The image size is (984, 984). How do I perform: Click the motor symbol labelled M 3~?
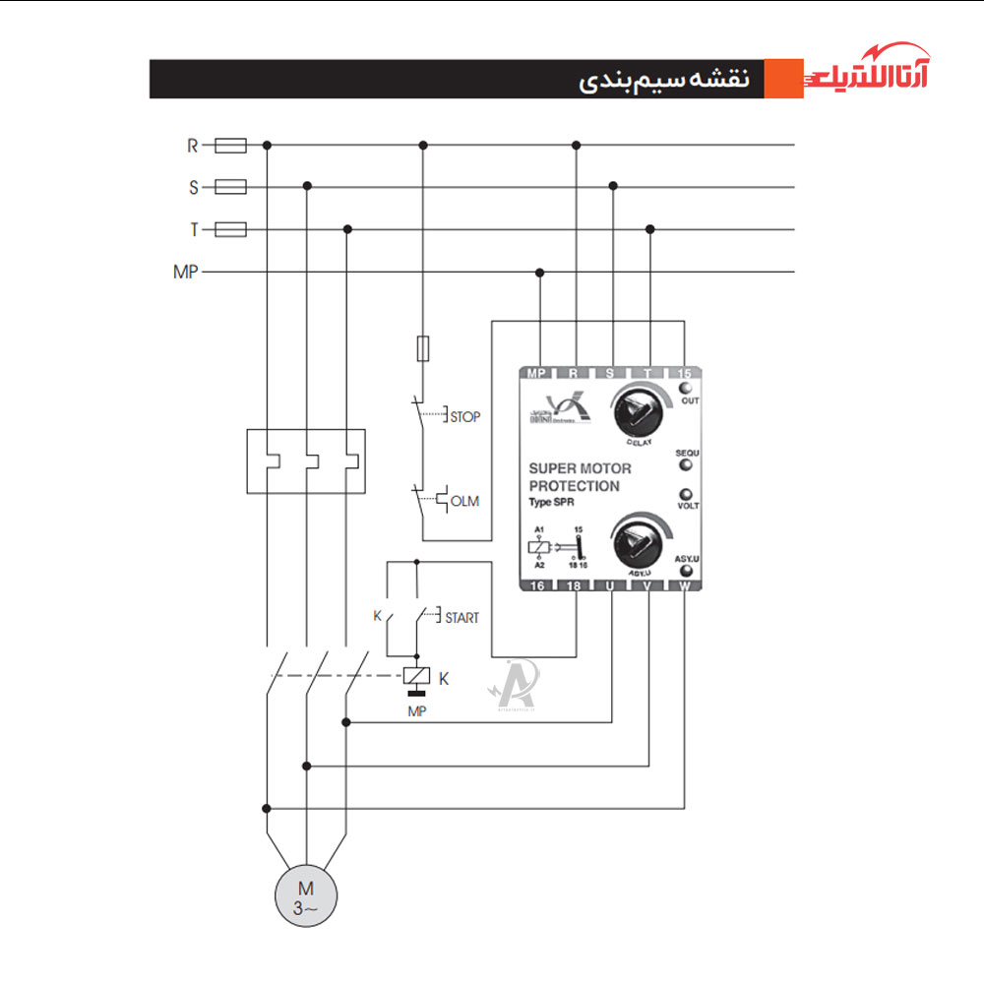(306, 892)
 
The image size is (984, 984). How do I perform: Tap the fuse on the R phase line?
(230, 146)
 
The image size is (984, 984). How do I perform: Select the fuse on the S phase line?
(230, 187)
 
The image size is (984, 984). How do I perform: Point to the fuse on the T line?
(230, 230)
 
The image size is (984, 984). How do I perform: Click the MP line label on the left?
(185, 273)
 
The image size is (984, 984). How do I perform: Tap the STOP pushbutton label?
(464, 417)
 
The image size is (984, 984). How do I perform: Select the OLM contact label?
(464, 502)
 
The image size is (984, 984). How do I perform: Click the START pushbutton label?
(461, 618)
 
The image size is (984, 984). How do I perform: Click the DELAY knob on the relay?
(638, 413)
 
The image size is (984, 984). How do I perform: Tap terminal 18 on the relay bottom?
(576, 585)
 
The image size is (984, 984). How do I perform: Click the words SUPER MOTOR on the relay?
(581, 468)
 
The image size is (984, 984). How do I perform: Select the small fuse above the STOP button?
(423, 348)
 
